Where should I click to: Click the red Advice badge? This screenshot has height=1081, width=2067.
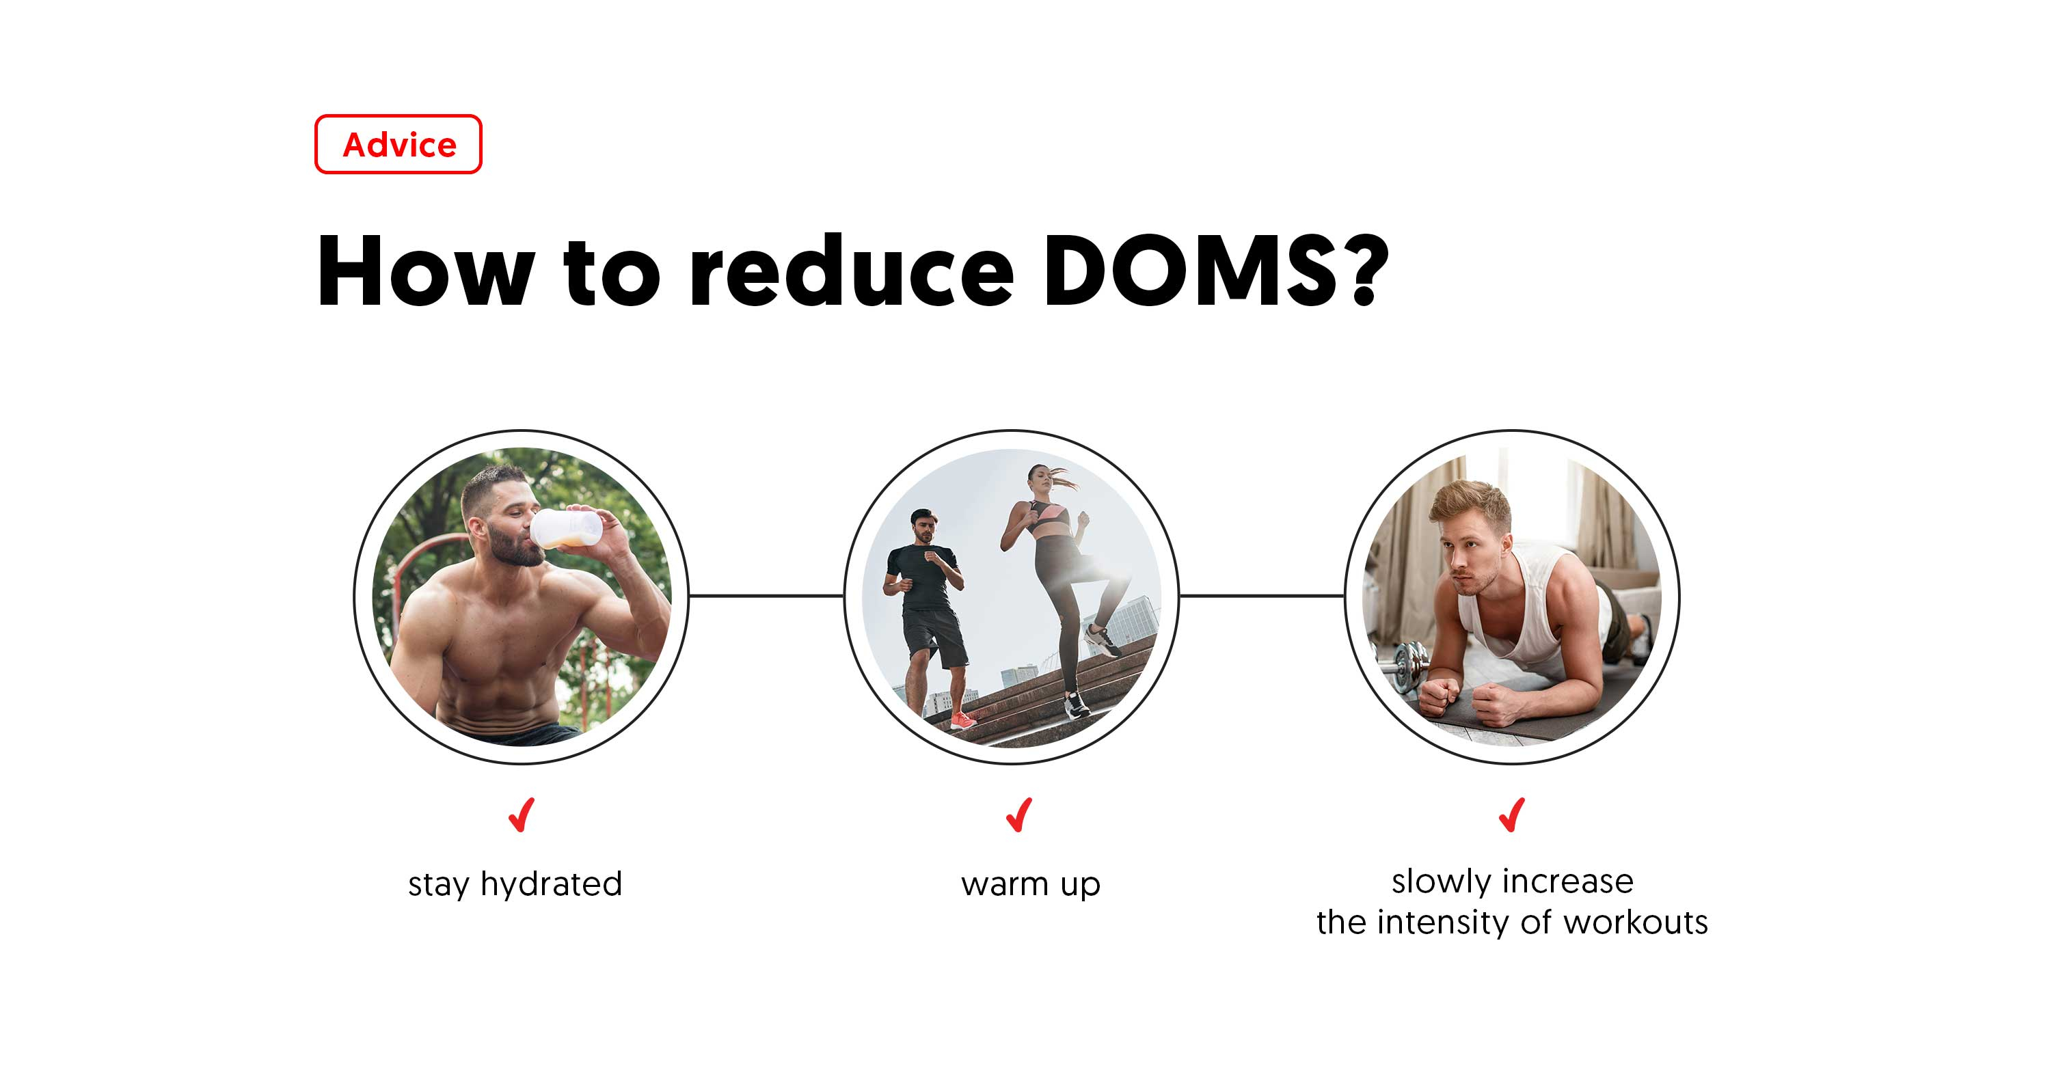[398, 144]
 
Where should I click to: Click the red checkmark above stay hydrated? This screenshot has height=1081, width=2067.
[522, 816]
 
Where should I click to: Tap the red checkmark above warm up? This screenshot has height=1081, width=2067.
[1019, 816]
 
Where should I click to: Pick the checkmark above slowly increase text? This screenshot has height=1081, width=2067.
[1512, 816]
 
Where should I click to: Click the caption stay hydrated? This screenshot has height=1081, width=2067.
[514, 884]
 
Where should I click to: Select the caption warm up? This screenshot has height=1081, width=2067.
[1030, 884]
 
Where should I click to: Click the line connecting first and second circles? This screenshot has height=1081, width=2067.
[766, 596]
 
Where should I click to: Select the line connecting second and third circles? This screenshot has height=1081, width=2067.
[1261, 596]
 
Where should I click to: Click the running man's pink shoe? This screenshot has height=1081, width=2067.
[962, 720]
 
